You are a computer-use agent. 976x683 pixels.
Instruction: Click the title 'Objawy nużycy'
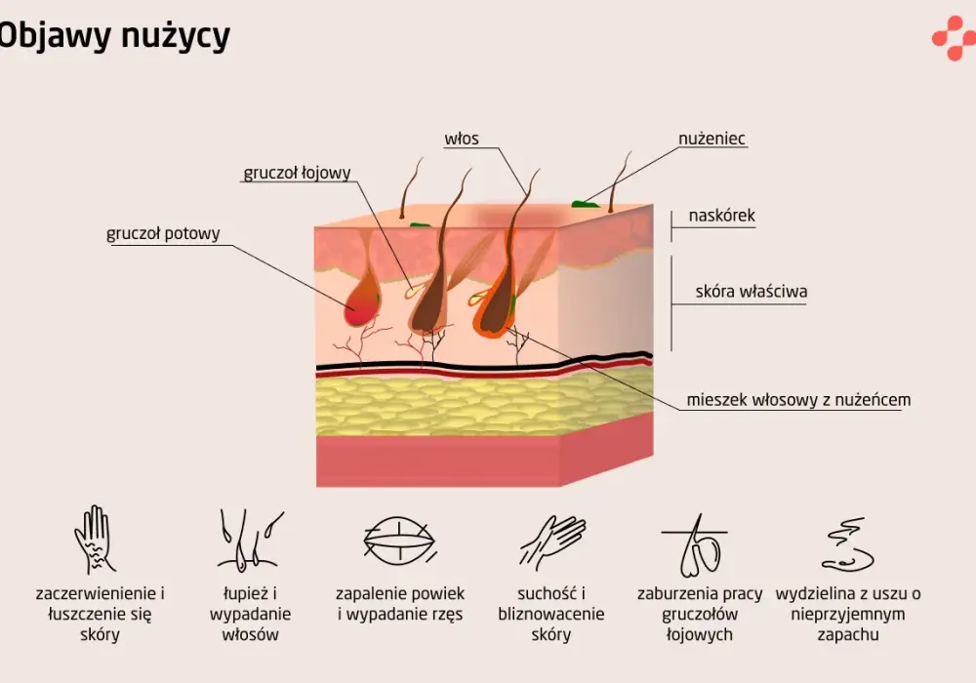pos(114,36)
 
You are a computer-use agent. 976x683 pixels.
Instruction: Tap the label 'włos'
pos(462,139)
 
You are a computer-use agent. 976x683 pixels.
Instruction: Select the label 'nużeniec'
pos(712,139)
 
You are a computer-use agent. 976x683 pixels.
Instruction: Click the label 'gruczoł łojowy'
pos(297,173)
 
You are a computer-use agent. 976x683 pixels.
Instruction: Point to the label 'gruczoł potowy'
pos(163,233)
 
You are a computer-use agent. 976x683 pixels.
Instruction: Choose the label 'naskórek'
pos(721,216)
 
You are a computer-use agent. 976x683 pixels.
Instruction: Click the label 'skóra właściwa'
pos(752,291)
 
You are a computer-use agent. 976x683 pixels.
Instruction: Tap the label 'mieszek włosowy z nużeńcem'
pos(798,399)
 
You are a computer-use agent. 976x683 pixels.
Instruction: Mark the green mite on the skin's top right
pos(585,203)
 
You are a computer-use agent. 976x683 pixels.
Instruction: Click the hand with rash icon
pos(94,540)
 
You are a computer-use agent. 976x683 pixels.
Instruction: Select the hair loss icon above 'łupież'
pos(250,540)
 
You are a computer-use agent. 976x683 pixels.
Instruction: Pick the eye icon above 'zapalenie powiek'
pos(399,541)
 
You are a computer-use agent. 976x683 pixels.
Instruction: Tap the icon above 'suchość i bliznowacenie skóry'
pos(552,542)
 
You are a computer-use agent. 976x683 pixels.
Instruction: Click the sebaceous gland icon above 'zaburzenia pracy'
pos(696,545)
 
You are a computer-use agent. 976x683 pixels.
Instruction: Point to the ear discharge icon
pos(848,544)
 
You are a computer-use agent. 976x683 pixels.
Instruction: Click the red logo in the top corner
pos(954,38)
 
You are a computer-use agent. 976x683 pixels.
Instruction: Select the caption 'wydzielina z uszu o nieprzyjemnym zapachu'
pos(848,614)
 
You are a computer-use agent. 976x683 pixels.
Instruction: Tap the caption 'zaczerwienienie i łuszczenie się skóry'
pos(100,614)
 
